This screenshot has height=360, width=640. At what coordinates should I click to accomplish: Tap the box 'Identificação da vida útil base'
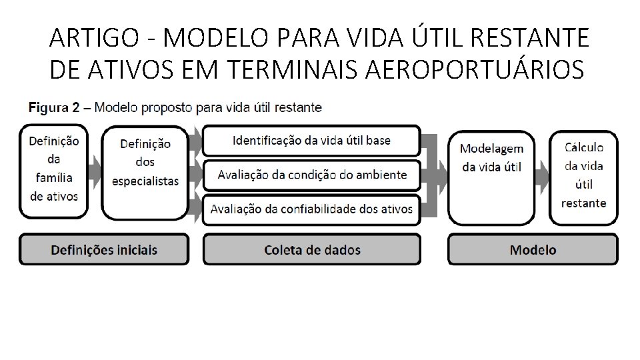pyautogui.click(x=311, y=141)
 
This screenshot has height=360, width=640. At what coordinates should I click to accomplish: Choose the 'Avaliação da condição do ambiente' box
pyautogui.click(x=311, y=175)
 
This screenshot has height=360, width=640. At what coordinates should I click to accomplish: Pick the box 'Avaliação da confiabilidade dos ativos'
pyautogui.click(x=311, y=209)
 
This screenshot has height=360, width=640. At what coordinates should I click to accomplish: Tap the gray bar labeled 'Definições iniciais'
pyautogui.click(x=104, y=250)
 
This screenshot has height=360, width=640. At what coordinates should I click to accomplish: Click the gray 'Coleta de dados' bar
pyautogui.click(x=311, y=250)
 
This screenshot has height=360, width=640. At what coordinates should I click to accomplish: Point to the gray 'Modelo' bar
pyautogui.click(x=533, y=250)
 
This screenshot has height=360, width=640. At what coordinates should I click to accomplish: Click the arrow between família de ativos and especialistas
pyautogui.click(x=95, y=171)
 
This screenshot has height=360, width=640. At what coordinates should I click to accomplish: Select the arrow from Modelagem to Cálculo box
pyautogui.click(x=541, y=175)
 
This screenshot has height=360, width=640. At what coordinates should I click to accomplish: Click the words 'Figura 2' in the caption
pyautogui.click(x=56, y=107)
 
